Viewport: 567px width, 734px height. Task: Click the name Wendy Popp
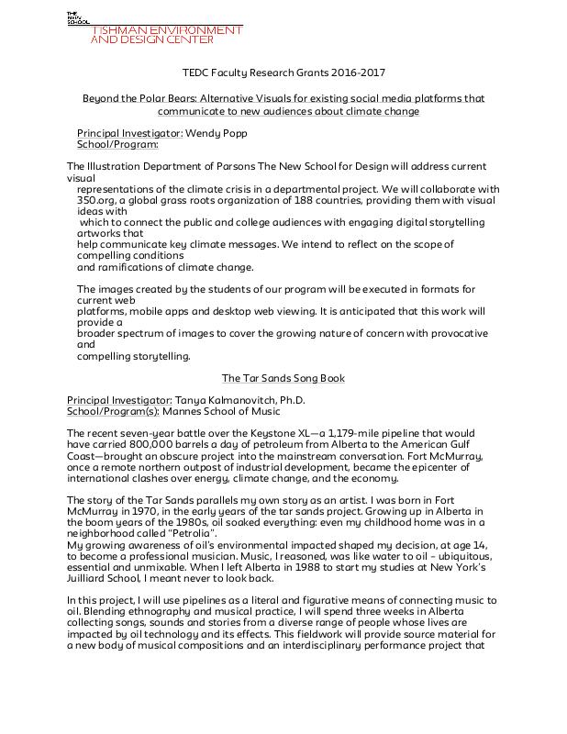(x=217, y=133)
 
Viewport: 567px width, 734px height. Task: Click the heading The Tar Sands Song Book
(x=283, y=377)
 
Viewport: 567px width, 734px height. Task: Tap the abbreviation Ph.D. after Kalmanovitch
(x=291, y=401)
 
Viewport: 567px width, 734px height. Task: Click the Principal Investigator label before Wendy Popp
(x=129, y=133)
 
